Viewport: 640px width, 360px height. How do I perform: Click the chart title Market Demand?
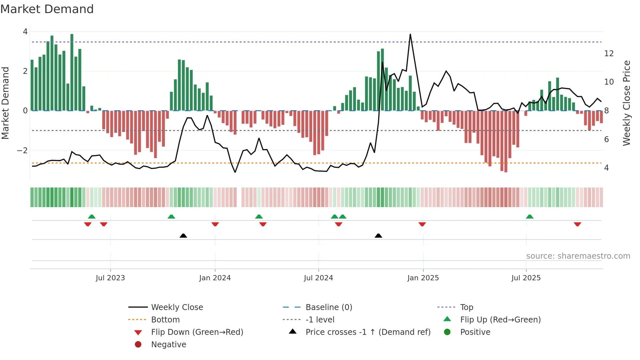pyautogui.click(x=47, y=9)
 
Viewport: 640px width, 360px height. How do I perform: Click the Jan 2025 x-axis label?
pyautogui.click(x=423, y=278)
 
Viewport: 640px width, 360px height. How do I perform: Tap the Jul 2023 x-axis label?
pyautogui.click(x=110, y=278)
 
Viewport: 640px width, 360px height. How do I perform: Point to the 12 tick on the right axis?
pyautogui.click(x=609, y=54)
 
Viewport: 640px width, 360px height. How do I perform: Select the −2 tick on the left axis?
pyautogui.click(x=22, y=151)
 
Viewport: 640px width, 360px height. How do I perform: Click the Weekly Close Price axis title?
pyautogui.click(x=626, y=103)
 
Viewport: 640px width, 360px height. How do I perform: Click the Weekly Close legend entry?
pyautogui.click(x=177, y=307)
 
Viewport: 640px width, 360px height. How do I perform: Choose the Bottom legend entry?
pyautogui.click(x=165, y=320)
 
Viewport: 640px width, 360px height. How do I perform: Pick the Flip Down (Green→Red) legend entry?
pyautogui.click(x=197, y=332)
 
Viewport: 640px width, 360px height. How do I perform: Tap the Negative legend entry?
pyautogui.click(x=168, y=345)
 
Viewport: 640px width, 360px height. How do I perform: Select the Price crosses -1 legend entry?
pyautogui.click(x=368, y=332)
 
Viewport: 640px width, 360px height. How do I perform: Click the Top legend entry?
pyautogui.click(x=466, y=307)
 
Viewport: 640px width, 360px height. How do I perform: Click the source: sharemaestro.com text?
pyautogui.click(x=578, y=256)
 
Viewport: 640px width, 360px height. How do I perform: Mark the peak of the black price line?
pyautogui.click(x=410, y=34)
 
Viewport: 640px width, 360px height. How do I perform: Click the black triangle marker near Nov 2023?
pyautogui.click(x=183, y=236)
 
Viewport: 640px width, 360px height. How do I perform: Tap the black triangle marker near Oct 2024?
pyautogui.click(x=378, y=236)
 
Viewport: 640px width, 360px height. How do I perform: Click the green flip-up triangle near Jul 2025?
pyautogui.click(x=529, y=217)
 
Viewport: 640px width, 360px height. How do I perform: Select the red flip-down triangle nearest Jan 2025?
pyautogui.click(x=422, y=224)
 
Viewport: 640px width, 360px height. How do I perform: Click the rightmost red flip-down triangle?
pyautogui.click(x=577, y=224)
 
